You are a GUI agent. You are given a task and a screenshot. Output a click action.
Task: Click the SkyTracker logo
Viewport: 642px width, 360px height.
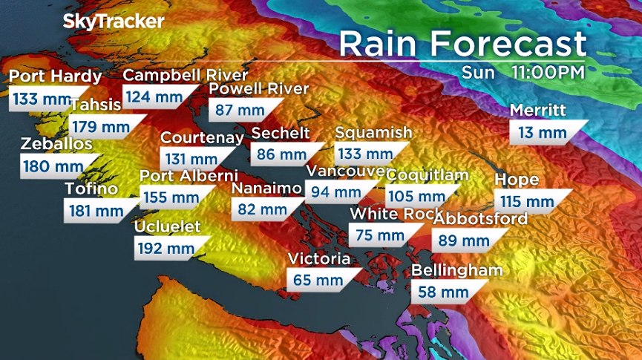[113, 22]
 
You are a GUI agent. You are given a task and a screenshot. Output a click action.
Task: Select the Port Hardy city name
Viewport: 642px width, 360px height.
[56, 76]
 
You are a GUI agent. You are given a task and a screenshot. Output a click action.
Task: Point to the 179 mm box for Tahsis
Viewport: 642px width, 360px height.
[105, 126]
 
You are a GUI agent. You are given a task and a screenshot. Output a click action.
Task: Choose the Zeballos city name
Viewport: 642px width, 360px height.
[57, 143]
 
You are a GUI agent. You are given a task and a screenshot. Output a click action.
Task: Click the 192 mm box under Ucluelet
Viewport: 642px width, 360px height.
[165, 248]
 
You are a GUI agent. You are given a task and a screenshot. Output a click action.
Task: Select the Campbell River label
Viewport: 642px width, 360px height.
[185, 75]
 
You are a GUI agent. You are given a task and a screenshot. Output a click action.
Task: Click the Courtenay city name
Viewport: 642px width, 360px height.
[202, 137]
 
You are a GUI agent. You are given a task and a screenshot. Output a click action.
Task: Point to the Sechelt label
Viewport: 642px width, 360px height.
[281, 133]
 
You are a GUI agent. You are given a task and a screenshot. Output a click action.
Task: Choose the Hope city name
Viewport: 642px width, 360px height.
[517, 180]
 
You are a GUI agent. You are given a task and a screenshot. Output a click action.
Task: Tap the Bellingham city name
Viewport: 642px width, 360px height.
[456, 270]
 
